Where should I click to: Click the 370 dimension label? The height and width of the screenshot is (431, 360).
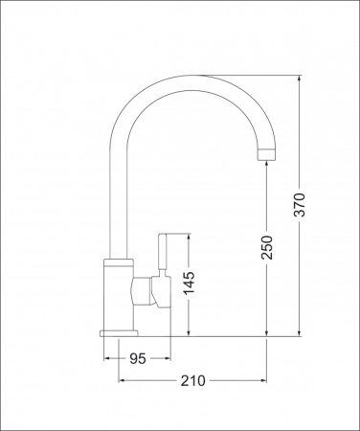point(300,205)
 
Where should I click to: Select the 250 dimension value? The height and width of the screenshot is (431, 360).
point(267,247)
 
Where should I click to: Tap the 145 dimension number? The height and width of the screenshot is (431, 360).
point(189,284)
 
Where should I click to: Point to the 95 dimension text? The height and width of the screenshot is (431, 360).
point(138,358)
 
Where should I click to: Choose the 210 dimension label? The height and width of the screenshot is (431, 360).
point(192,380)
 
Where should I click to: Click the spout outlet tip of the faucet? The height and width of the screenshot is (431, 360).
point(266,154)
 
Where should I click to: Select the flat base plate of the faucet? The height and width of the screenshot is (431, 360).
point(119,333)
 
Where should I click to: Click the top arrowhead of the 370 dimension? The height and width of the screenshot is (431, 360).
point(299,78)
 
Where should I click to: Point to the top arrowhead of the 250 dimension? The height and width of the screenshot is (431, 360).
point(266,163)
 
